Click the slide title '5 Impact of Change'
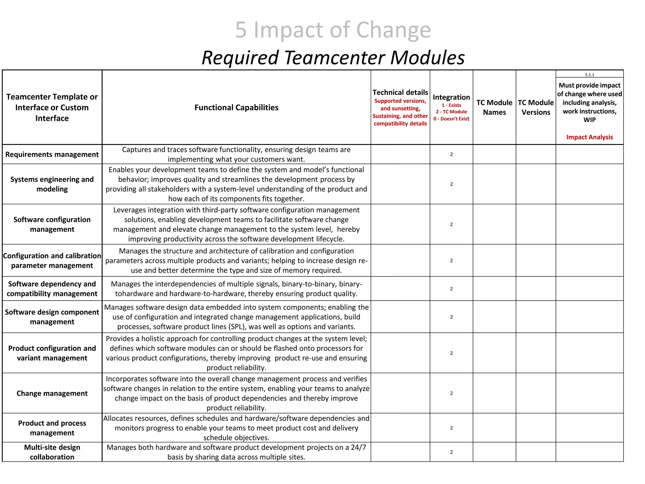tap(333, 30)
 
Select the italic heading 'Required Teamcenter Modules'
tap(333, 58)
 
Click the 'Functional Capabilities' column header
tap(236, 107)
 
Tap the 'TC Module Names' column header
tap(494, 107)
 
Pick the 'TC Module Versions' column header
tap(536, 107)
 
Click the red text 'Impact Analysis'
tap(589, 137)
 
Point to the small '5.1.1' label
tap(589, 75)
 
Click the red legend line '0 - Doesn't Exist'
tap(451, 119)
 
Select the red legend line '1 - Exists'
tap(451, 105)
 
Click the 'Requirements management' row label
tap(52, 154)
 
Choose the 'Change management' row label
tap(52, 393)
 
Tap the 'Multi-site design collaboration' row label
tap(52, 452)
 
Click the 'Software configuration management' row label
tap(52, 224)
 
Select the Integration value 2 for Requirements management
tap(451, 154)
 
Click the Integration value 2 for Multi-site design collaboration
tap(451, 452)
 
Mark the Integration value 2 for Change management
tap(451, 393)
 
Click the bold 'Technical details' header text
tap(400, 92)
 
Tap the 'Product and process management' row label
tap(52, 428)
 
